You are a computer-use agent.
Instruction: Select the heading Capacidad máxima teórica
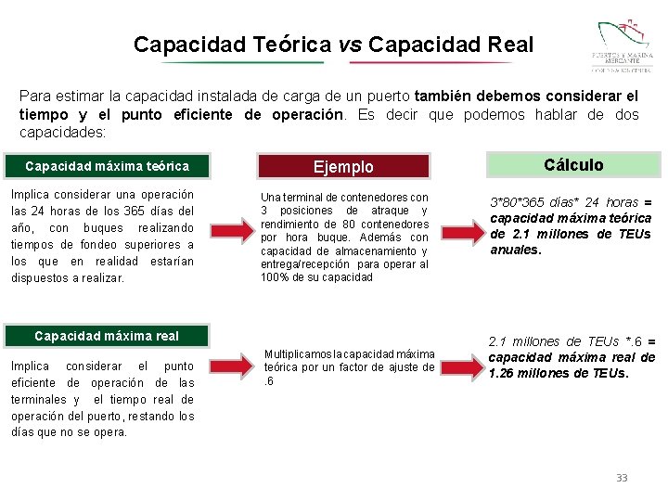coord(107,167)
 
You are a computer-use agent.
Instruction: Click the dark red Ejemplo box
coord(343,167)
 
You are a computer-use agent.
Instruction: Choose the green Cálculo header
coord(573,165)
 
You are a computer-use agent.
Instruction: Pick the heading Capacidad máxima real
coord(107,336)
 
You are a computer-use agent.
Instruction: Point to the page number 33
coord(622,478)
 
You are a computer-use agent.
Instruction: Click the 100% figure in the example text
coord(276,277)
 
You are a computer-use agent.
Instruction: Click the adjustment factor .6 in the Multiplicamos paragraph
coord(268,379)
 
